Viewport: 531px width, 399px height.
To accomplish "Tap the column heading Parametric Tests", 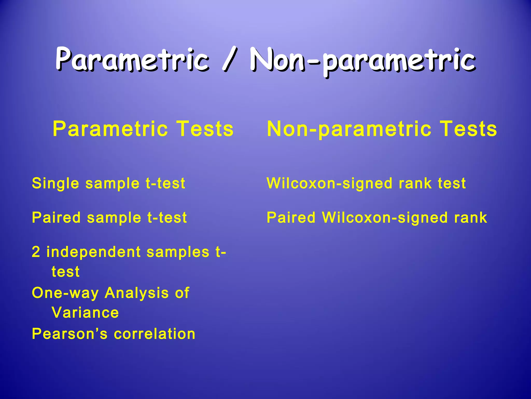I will [x=143, y=129].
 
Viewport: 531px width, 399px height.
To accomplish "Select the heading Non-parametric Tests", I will [x=382, y=129].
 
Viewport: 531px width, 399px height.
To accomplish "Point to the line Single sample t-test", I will [x=108, y=183].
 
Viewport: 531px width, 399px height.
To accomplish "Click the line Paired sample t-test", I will [x=109, y=217].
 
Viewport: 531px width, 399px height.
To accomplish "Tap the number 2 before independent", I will [x=36, y=252].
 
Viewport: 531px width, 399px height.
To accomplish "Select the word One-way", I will [x=65, y=293].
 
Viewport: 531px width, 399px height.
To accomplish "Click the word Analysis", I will [x=137, y=293].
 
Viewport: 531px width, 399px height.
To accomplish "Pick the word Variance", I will [x=85, y=312].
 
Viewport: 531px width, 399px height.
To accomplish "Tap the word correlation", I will [x=155, y=334].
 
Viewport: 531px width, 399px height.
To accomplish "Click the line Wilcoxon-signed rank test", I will [x=366, y=183].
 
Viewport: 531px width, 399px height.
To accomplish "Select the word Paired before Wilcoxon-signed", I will [x=291, y=217].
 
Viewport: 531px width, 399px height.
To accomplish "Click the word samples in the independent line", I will [x=178, y=252].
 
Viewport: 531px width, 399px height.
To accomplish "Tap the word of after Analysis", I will [x=182, y=293].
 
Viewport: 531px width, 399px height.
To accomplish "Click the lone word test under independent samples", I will [x=66, y=272].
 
